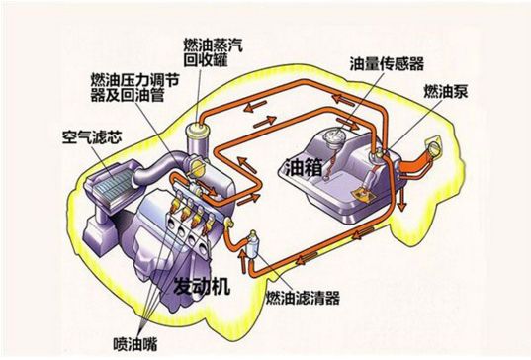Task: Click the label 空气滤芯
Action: (92, 137)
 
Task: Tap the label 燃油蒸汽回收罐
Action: (213, 52)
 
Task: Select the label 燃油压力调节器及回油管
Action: (134, 87)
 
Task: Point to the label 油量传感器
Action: (387, 63)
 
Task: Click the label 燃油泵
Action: (446, 91)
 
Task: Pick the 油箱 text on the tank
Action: (304, 166)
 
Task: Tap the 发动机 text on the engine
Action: (202, 286)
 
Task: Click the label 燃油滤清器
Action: (303, 298)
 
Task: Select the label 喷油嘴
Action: (135, 344)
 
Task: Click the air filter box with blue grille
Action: (109, 186)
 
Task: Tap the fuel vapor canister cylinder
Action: (197, 138)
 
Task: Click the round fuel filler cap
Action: (433, 146)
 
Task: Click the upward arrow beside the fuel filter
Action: (243, 261)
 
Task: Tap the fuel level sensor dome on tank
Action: (332, 137)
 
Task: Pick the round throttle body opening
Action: (196, 166)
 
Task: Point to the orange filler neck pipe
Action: (416, 163)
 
